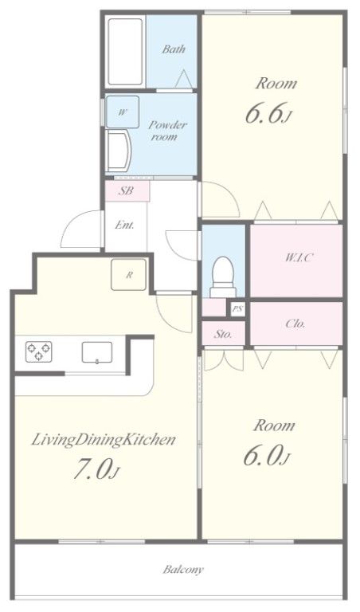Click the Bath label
174,49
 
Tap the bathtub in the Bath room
125,52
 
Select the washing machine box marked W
123,112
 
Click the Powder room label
167,131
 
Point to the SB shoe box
127,191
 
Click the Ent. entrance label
124,226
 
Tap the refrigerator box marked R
129,275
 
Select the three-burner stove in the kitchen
38,351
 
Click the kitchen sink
96,352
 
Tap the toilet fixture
223,277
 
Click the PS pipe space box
237,309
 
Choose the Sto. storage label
223,334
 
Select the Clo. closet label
295,324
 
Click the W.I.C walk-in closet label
299,257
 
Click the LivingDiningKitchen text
103,440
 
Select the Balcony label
183,570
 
